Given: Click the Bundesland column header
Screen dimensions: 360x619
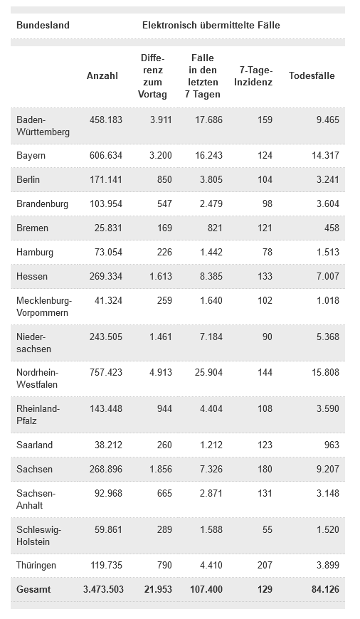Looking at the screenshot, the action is click(43, 26).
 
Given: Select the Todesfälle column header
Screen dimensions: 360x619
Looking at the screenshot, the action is click(312, 76).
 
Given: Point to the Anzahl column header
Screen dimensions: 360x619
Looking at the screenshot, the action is click(102, 76).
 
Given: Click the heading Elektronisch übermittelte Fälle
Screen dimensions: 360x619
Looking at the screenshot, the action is click(211, 26).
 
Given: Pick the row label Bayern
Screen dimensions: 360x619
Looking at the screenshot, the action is click(31, 156).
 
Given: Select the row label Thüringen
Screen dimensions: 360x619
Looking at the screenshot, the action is click(36, 566).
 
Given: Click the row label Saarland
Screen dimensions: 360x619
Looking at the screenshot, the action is click(34, 445).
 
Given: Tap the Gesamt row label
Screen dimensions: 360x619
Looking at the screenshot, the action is click(33, 589).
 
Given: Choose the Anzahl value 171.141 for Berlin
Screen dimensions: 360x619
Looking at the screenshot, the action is click(106, 179).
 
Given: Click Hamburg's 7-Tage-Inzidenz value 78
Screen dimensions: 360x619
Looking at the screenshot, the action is click(268, 253).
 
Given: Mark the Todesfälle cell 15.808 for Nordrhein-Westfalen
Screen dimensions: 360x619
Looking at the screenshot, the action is click(325, 372).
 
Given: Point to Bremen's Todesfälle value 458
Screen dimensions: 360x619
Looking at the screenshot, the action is click(332, 228).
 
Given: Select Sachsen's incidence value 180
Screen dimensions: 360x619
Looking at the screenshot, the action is click(265, 469).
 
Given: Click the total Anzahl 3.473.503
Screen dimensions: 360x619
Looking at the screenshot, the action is click(103, 589).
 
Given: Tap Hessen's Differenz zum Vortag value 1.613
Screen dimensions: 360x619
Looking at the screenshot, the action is click(161, 276).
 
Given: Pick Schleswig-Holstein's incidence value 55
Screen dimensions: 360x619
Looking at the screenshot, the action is click(268, 529).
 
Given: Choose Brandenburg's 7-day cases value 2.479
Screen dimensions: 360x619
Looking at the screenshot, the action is click(211, 204).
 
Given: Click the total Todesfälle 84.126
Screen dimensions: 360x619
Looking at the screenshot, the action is click(325, 589).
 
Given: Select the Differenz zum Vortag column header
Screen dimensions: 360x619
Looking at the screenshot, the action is click(152, 76).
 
